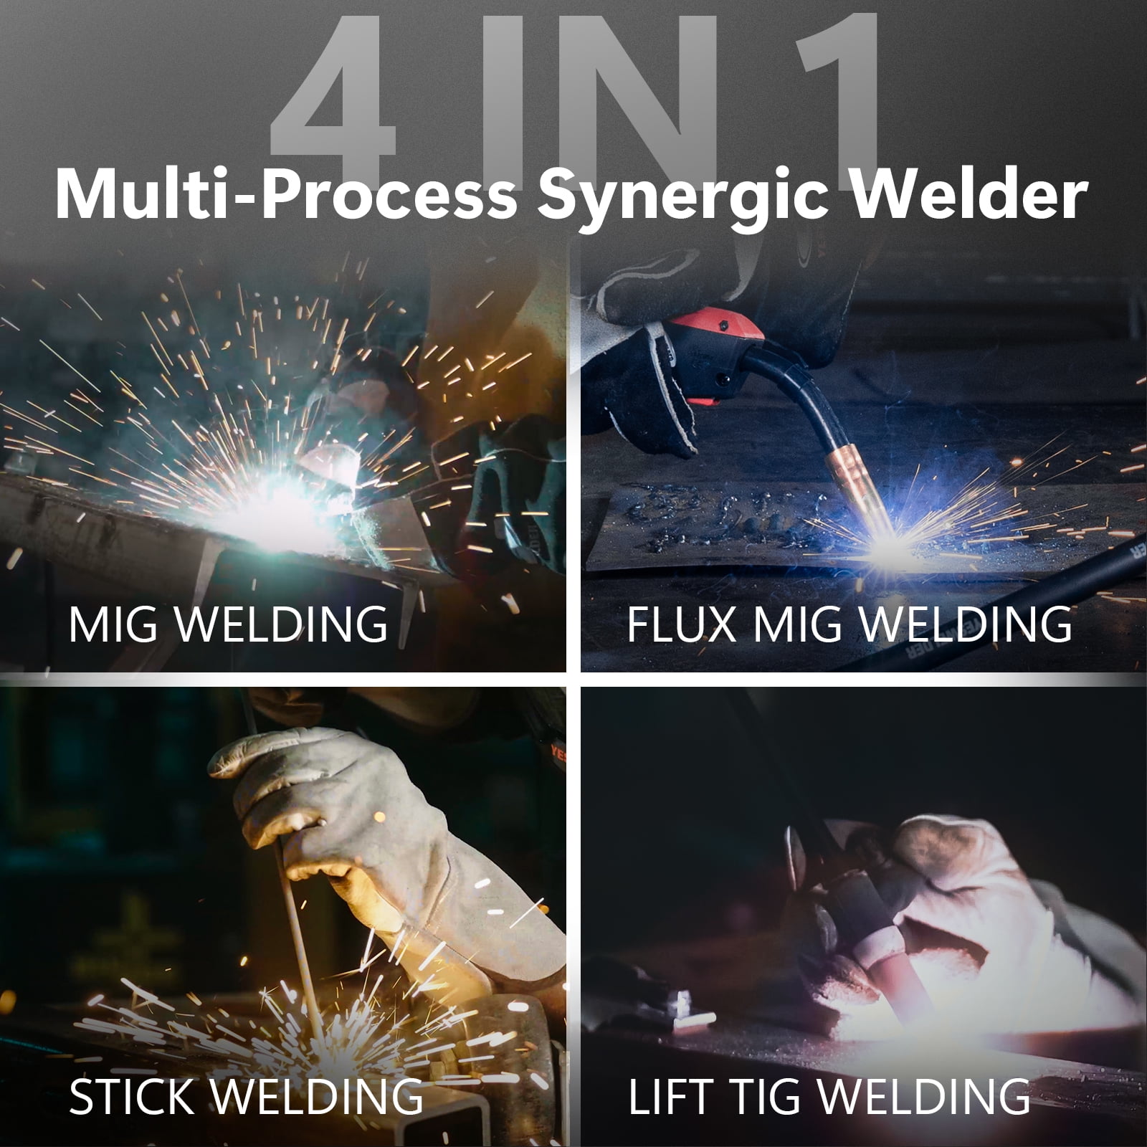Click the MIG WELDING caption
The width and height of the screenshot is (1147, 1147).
pyautogui.click(x=228, y=624)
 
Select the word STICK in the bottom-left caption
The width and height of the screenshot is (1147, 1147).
pyautogui.click(x=133, y=1096)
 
